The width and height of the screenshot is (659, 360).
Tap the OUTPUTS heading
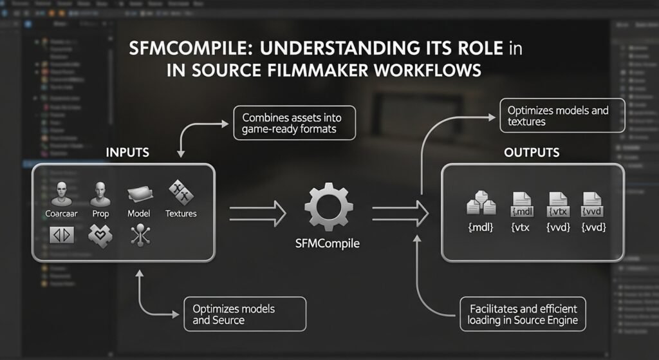point(532,153)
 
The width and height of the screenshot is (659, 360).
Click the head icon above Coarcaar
point(62,193)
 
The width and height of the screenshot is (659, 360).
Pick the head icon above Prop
point(100,193)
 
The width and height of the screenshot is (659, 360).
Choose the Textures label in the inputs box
point(181,213)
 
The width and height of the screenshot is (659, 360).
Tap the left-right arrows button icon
point(62,235)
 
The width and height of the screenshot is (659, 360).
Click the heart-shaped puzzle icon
point(100,236)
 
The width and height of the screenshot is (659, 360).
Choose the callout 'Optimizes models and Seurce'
point(244,314)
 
